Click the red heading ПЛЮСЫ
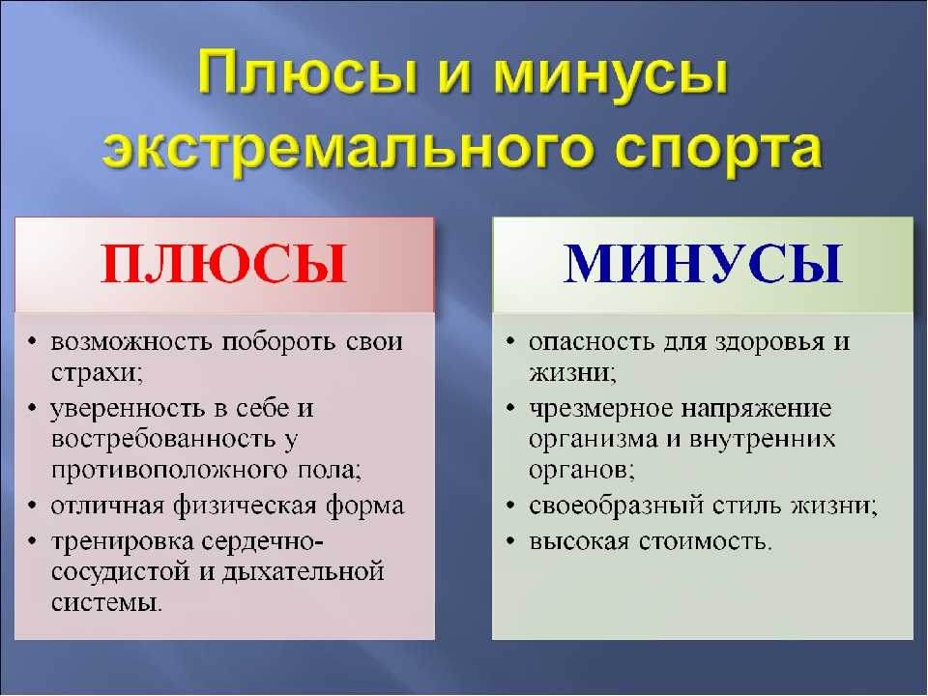pyautogui.click(x=223, y=264)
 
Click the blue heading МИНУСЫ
pyautogui.click(x=703, y=264)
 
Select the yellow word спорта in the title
pyautogui.click(x=718, y=149)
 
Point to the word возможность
pyautogui.click(x=130, y=341)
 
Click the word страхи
pyautogui.click(x=97, y=373)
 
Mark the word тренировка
pyautogui.click(x=123, y=542)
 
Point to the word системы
pyautogui.click(x=106, y=602)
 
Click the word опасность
pyautogui.click(x=592, y=341)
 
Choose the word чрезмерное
pyautogui.click(x=600, y=409)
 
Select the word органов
pyautogui.click(x=582, y=470)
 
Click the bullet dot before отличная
pyautogui.click(x=33, y=507)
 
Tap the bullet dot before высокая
pyautogui.click(x=510, y=542)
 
